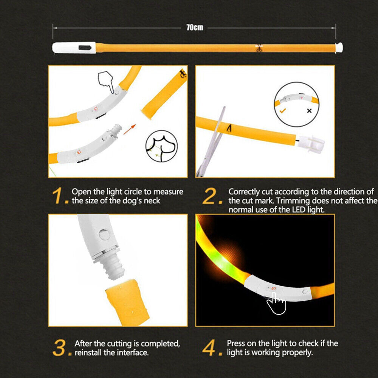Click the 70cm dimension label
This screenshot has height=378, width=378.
[x=195, y=28]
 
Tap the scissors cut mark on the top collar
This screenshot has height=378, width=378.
[x=259, y=48]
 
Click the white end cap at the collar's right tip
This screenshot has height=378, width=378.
[x=339, y=47]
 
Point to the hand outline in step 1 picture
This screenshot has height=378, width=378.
[x=106, y=82]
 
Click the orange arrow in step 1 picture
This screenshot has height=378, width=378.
[x=130, y=129]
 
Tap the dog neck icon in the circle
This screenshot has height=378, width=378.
[x=161, y=146]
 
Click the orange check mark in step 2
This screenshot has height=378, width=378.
[x=282, y=111]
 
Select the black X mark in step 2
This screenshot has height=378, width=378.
[x=309, y=111]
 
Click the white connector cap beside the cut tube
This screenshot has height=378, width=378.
[x=311, y=144]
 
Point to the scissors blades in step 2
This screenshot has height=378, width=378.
[x=211, y=142]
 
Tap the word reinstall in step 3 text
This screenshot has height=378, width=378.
[x=88, y=352]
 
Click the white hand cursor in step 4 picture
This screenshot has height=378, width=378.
[x=277, y=303]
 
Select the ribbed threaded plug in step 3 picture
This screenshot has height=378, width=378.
[x=113, y=267]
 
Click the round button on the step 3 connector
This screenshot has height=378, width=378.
[x=104, y=235]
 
